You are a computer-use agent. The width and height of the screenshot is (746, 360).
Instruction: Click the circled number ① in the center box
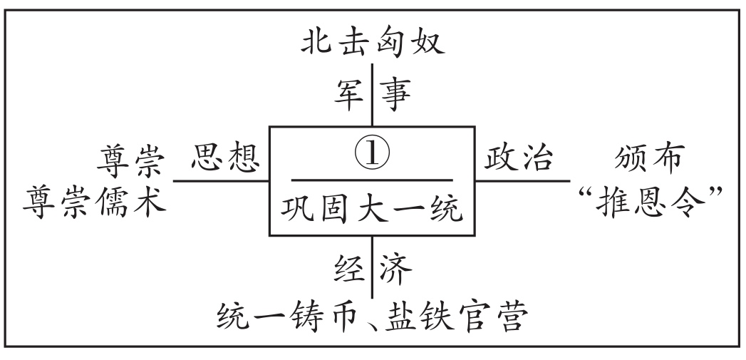372,155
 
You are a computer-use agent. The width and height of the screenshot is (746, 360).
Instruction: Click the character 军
351,93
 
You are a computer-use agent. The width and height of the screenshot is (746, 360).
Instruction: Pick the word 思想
223,159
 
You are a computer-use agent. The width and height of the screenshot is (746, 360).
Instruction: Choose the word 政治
518,159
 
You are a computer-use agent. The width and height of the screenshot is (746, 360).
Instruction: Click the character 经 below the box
351,269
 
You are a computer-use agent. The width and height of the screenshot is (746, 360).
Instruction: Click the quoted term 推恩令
646,201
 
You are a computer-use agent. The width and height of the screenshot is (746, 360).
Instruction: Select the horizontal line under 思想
221,180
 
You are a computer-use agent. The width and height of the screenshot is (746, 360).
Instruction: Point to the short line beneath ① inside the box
372,180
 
